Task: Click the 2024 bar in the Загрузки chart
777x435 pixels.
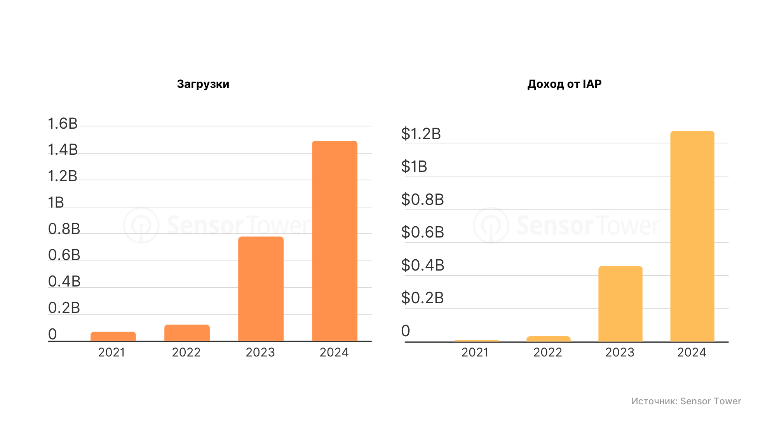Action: [x=334, y=241]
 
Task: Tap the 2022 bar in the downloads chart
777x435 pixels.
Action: [x=187, y=333]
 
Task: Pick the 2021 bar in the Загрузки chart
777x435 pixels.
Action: [x=113, y=336]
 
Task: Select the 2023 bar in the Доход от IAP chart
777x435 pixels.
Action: [x=620, y=304]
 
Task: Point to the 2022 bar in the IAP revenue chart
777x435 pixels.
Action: [x=548, y=339]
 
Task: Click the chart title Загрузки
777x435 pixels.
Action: [x=203, y=84]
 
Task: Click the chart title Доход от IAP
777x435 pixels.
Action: [x=564, y=84]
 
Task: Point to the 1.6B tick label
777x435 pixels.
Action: [x=63, y=124]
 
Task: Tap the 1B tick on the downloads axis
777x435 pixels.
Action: [x=56, y=203]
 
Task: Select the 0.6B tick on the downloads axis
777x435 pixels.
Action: [x=64, y=255]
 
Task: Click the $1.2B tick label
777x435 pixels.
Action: [x=421, y=134]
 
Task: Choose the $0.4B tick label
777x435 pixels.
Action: [x=422, y=265]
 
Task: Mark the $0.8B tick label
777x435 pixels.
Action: [x=422, y=199]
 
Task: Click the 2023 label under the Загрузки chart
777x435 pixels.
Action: [x=260, y=352]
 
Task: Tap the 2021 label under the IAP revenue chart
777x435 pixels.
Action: [x=475, y=352]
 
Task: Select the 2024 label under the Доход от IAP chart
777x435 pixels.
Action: [x=692, y=352]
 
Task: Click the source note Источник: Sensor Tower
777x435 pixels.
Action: [x=686, y=401]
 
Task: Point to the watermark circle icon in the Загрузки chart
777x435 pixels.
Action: [x=141, y=225]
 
